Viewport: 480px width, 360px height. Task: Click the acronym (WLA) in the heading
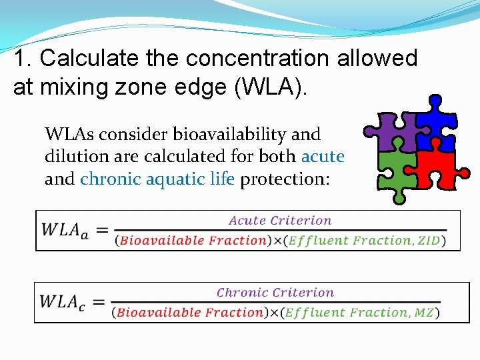[272, 87]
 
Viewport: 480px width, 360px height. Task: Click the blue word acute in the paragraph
[323, 157]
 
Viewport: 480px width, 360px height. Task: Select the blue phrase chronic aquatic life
[157, 179]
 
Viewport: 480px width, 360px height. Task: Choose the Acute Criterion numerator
[280, 221]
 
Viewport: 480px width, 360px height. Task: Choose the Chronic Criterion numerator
[275, 292]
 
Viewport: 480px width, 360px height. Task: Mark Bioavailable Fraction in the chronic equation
[190, 313]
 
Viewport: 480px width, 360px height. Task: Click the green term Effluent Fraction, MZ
[360, 313]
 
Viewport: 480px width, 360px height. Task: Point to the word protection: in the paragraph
[285, 179]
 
